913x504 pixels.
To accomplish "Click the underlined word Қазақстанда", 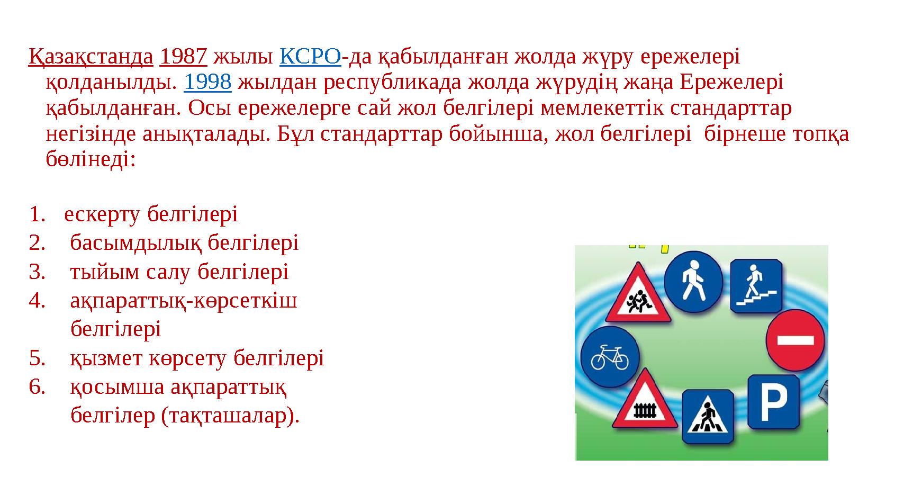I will [x=91, y=56].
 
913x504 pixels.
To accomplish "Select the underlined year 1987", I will [x=183, y=56].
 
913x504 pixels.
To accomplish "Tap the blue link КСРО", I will [x=310, y=56].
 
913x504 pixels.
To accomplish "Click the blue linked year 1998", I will [x=207, y=82].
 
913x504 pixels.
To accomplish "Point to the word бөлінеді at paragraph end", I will [x=91, y=160].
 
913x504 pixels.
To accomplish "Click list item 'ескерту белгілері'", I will [x=151, y=214].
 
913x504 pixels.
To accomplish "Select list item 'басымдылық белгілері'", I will [x=184, y=243].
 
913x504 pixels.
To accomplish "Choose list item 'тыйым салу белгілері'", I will [x=179, y=272].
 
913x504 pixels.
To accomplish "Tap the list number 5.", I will [x=37, y=358].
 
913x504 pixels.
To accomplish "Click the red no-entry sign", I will [x=796, y=339].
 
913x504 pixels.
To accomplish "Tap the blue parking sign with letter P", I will [x=773, y=402].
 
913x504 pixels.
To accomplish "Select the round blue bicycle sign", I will [x=609, y=356].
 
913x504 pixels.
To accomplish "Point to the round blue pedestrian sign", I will [x=692, y=281].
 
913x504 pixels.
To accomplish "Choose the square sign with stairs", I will [x=756, y=286].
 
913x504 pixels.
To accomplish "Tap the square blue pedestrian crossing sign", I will [x=708, y=417].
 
